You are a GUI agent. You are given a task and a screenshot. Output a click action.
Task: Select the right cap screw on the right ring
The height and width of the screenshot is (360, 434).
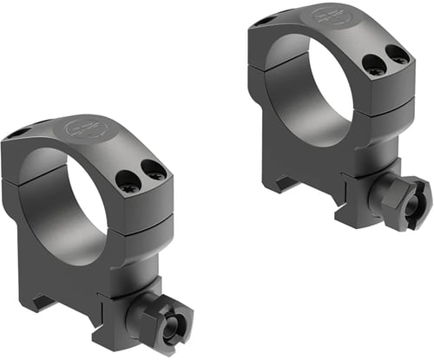(399, 56)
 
